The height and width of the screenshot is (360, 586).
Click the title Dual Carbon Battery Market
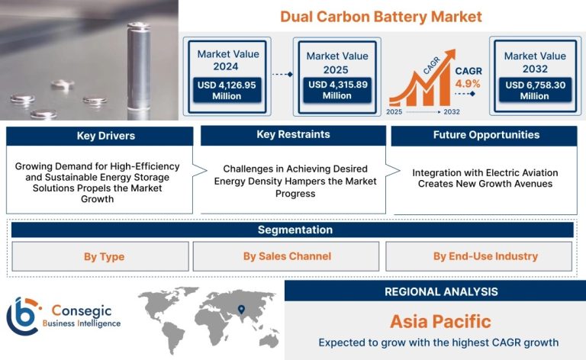click(381, 17)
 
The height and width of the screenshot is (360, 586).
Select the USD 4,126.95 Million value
click(227, 90)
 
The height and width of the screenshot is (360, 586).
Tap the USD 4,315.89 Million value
click(337, 90)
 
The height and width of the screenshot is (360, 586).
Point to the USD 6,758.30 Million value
click(535, 90)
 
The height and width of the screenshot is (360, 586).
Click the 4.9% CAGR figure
click(468, 84)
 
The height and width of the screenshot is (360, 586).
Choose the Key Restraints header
click(293, 135)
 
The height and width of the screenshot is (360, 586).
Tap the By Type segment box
click(100, 256)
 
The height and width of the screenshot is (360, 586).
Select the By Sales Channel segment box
click(286, 256)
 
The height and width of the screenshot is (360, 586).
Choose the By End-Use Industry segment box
click(478, 256)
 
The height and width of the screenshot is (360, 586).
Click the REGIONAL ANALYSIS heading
click(441, 291)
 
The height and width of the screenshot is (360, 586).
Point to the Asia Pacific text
click(440, 322)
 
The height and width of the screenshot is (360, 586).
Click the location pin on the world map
click(241, 309)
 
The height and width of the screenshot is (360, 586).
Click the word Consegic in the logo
click(82, 310)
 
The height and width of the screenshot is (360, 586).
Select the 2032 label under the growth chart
click(452, 111)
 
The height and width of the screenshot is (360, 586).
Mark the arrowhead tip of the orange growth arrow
click(456, 50)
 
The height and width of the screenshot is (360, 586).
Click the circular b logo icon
click(23, 316)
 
